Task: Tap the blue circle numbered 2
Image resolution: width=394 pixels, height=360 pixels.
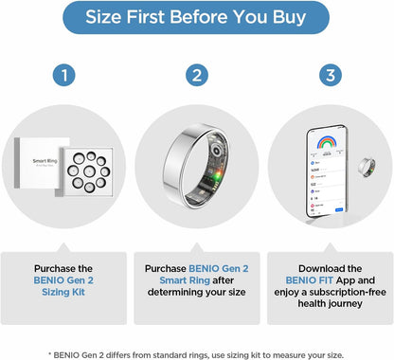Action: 197,74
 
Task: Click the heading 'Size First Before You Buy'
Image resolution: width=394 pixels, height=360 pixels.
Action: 196,17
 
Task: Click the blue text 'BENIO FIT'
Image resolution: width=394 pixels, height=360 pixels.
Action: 304,281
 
